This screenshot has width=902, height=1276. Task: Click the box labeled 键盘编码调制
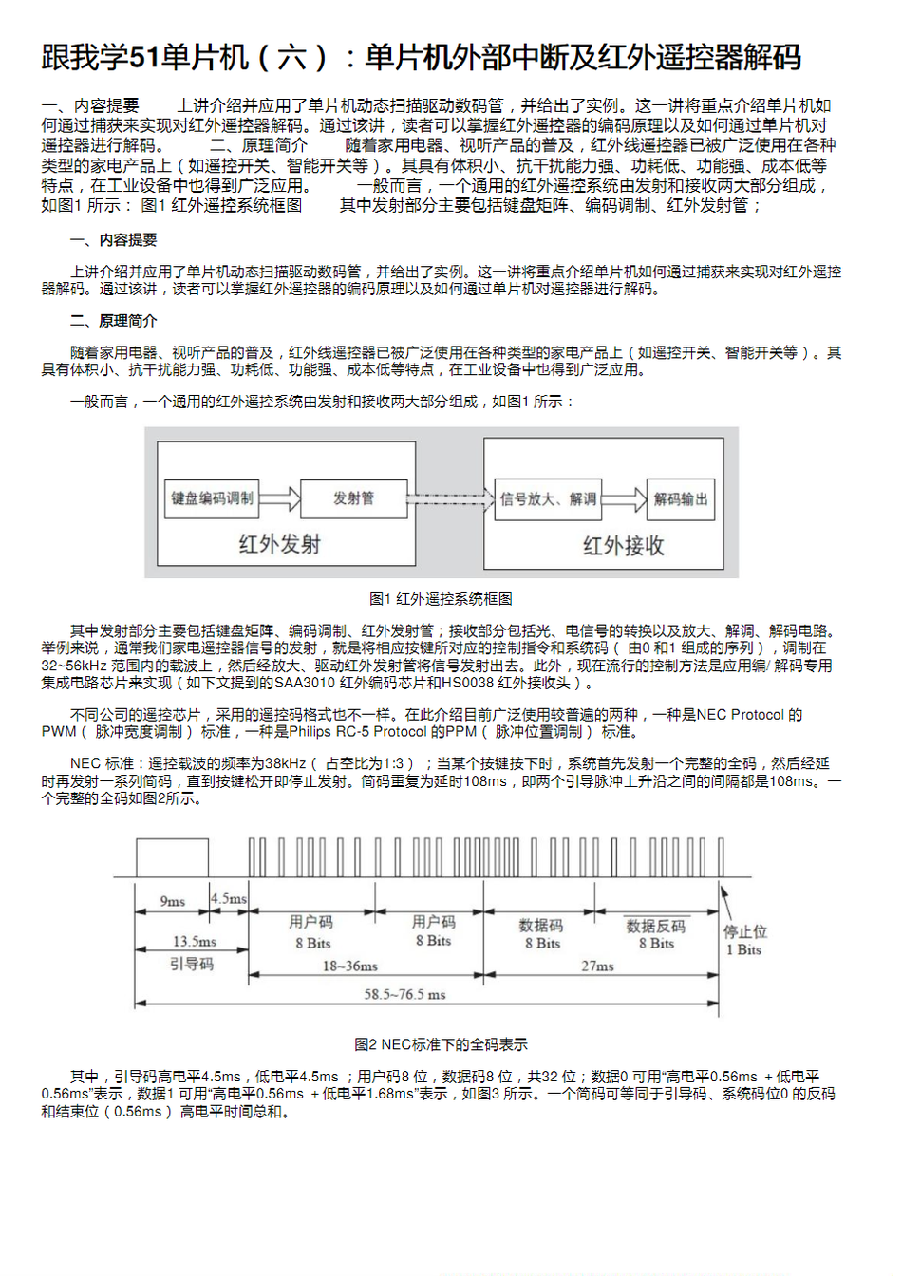pyautogui.click(x=213, y=498)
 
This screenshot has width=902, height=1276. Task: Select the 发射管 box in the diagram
pyautogui.click(x=353, y=498)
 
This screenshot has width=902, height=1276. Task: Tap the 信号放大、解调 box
pyautogui.click(x=549, y=499)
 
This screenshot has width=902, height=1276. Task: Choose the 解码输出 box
pyautogui.click(x=681, y=499)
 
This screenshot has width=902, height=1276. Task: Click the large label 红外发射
pyautogui.click(x=279, y=544)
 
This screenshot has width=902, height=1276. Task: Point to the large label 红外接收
pyautogui.click(x=623, y=546)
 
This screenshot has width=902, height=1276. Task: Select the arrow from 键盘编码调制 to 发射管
pyautogui.click(x=280, y=498)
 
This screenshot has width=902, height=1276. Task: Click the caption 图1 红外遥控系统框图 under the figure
pyautogui.click(x=441, y=599)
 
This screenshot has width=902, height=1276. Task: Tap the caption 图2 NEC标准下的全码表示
pyautogui.click(x=441, y=1044)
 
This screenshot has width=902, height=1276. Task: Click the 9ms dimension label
pyautogui.click(x=172, y=901)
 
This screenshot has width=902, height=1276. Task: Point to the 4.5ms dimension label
pyautogui.click(x=229, y=898)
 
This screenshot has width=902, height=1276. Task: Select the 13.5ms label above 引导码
pyautogui.click(x=194, y=941)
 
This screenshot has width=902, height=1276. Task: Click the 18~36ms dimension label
pyautogui.click(x=349, y=966)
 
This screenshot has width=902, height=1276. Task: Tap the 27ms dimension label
pyautogui.click(x=597, y=966)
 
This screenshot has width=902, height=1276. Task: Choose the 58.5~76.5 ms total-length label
pyautogui.click(x=404, y=994)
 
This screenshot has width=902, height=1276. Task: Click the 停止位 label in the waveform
pyautogui.click(x=745, y=931)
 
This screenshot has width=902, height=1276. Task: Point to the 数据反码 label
pyautogui.click(x=655, y=926)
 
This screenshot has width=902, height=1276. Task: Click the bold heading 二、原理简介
pyautogui.click(x=114, y=321)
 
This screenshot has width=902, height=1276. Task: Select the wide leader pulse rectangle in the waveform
pyautogui.click(x=172, y=857)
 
